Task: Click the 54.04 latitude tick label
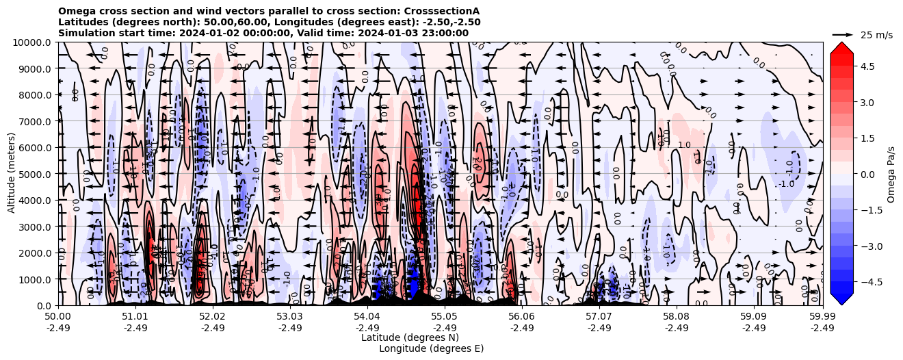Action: (367, 317)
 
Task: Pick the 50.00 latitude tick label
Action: (58, 317)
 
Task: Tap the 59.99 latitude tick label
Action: (822, 317)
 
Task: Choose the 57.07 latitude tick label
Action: (599, 317)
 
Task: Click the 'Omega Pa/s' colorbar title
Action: (891, 174)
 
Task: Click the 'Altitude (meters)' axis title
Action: (12, 174)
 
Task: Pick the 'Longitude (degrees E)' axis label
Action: (431, 348)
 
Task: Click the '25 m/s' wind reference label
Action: (876, 35)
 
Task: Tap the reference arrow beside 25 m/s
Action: (842, 34)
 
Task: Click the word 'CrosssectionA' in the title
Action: (441, 11)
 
